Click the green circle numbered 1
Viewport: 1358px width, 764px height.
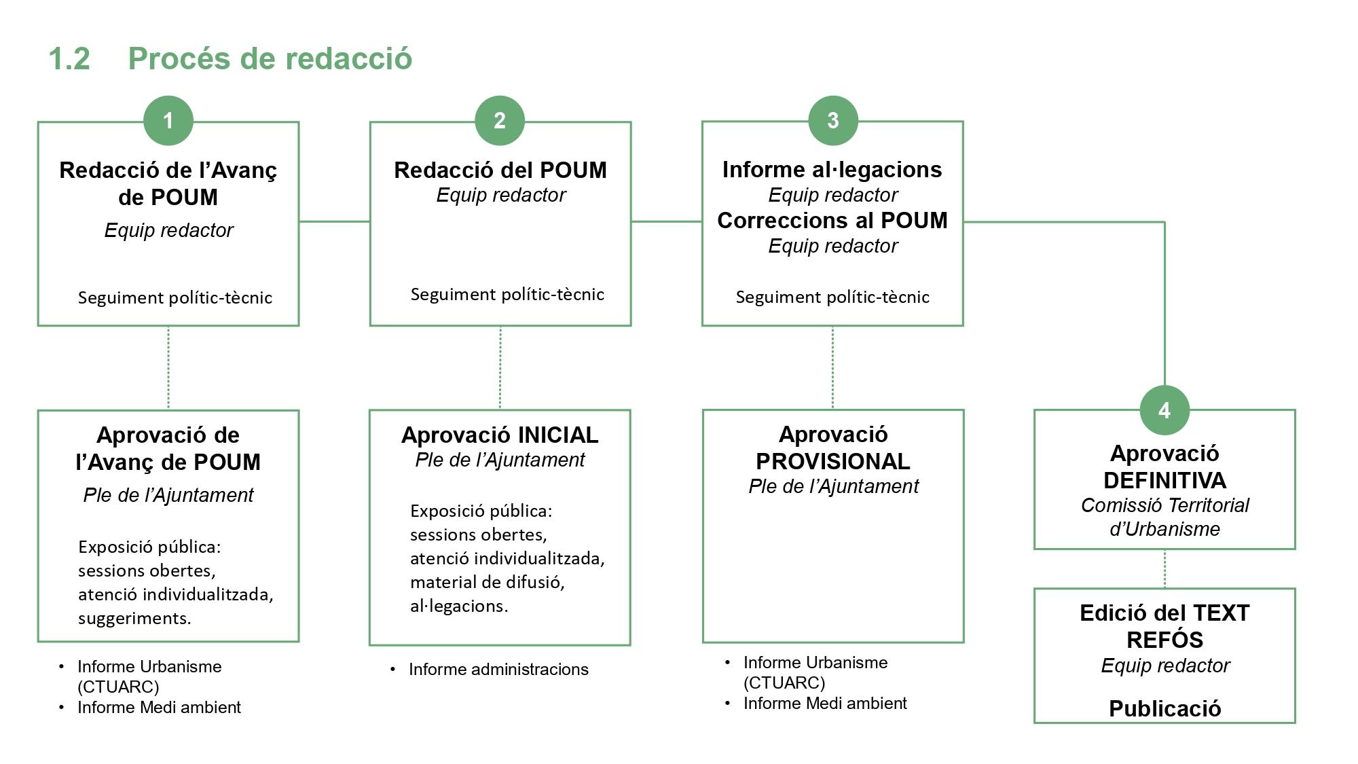tap(168, 121)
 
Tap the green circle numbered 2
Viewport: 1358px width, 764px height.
tap(500, 121)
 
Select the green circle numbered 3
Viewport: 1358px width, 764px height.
tap(833, 121)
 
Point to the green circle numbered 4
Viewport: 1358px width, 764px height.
tap(1164, 410)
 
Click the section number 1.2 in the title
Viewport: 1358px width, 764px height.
tap(69, 58)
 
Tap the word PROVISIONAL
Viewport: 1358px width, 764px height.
tap(832, 461)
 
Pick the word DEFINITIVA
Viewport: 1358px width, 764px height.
tap(1164, 480)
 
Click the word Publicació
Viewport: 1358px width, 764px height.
tap(1164, 708)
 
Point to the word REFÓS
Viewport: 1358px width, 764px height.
tap(1164, 640)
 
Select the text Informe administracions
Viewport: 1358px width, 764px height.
tap(498, 669)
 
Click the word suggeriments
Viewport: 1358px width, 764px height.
tap(134, 618)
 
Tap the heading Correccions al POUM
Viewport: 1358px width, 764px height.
tap(832, 220)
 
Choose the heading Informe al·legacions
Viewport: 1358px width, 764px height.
tap(832, 169)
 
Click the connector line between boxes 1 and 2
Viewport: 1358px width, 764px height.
tap(334, 221)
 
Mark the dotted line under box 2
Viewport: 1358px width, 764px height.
tap(500, 367)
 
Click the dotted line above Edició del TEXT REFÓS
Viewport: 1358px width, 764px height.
tap(1164, 568)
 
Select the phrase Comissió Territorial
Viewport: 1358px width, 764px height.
tap(1164, 505)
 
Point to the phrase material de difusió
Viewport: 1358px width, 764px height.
tap(487, 582)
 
